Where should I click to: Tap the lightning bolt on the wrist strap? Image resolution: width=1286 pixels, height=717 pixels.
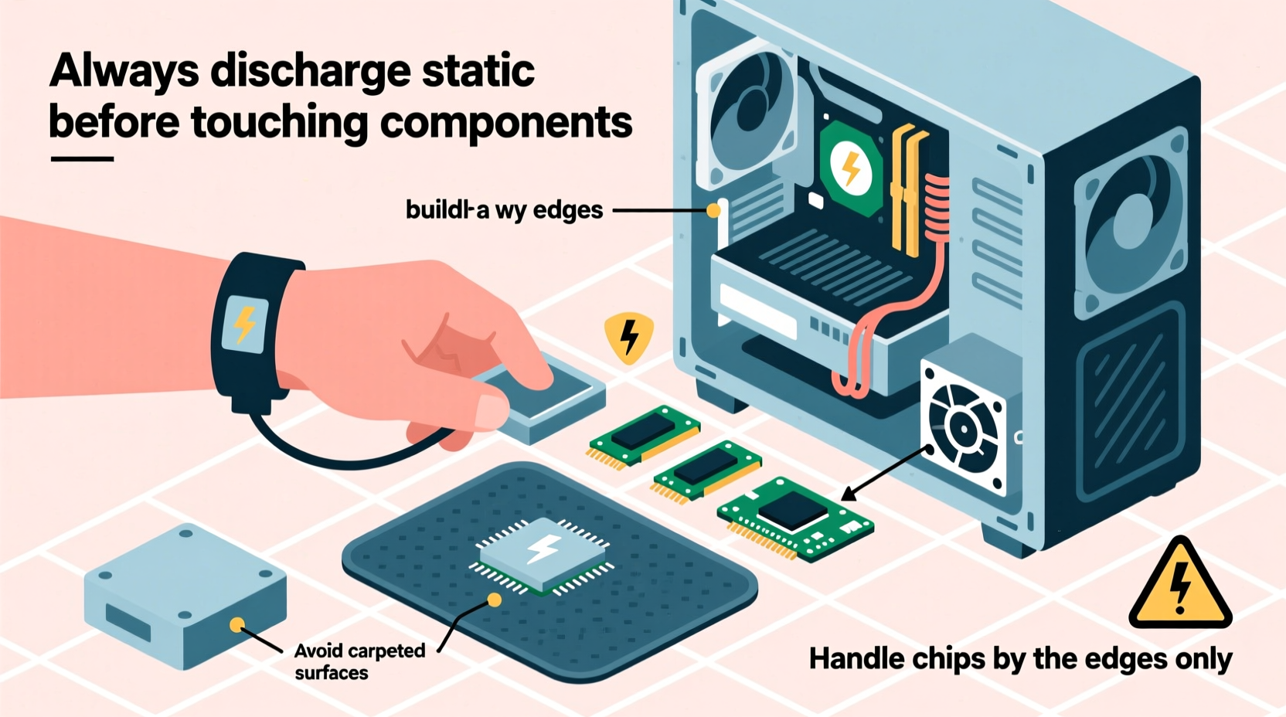[x=245, y=324]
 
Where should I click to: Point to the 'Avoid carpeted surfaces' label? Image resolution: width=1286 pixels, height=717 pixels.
[x=359, y=661]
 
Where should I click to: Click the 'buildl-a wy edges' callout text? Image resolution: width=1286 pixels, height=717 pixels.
[x=504, y=209]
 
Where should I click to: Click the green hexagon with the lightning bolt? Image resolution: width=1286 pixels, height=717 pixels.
[x=850, y=168]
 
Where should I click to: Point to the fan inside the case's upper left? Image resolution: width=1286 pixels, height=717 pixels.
[x=745, y=113]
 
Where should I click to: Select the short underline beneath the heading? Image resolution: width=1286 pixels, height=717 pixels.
[x=82, y=159]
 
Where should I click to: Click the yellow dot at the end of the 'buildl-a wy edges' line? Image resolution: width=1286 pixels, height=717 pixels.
[x=713, y=210]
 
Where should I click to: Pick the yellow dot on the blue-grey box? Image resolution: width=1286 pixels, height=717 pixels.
[x=237, y=624]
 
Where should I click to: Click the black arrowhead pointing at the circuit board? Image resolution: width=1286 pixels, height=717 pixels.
[x=849, y=494]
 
